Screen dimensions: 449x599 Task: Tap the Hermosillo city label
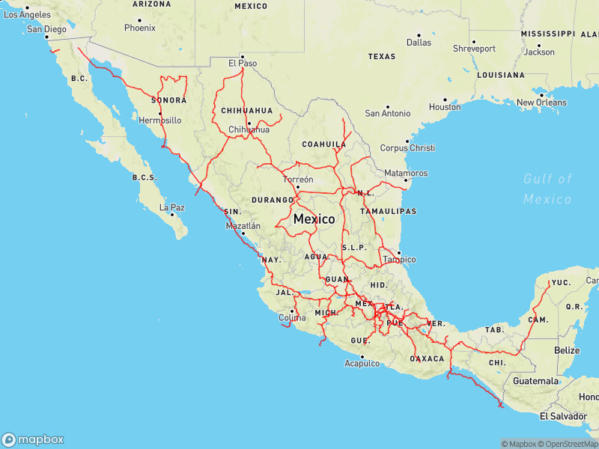click(x=160, y=120)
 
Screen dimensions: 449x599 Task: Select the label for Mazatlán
click(x=243, y=224)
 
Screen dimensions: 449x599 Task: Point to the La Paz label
click(x=171, y=207)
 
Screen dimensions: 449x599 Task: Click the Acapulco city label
click(x=362, y=364)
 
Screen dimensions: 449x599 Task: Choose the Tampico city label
click(x=399, y=260)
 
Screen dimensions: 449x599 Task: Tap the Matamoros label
click(x=405, y=173)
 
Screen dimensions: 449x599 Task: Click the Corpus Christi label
click(x=407, y=148)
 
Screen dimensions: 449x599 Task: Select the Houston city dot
click(x=444, y=100)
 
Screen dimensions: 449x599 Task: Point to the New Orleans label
click(x=541, y=103)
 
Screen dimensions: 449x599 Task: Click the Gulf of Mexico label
click(x=547, y=189)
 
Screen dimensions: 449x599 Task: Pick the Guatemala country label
click(x=535, y=381)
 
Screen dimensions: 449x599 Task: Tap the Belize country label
click(x=567, y=350)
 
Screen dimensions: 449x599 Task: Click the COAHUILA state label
click(x=323, y=144)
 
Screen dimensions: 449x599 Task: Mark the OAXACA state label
click(x=428, y=358)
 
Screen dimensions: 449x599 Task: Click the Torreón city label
click(x=298, y=180)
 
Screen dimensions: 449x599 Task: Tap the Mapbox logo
click(x=32, y=440)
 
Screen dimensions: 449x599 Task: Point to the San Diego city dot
click(x=46, y=37)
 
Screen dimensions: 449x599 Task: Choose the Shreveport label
click(x=474, y=49)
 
